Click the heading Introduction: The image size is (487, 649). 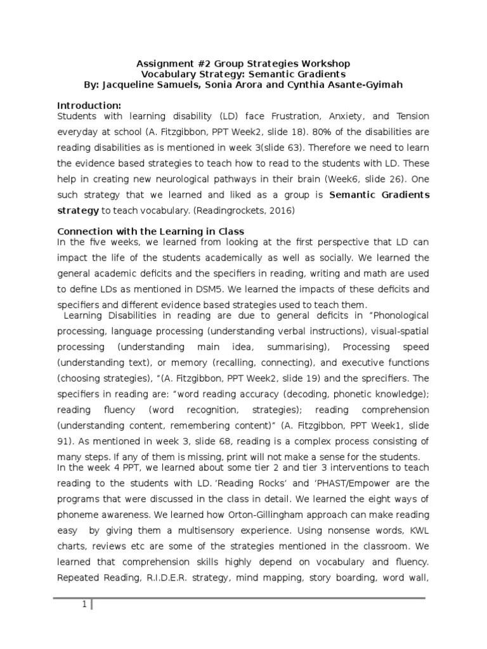pos(89,105)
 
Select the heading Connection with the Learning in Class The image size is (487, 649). pos(151,231)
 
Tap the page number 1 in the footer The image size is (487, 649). pos(83,605)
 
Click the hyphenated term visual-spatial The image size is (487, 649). pos(398,331)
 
